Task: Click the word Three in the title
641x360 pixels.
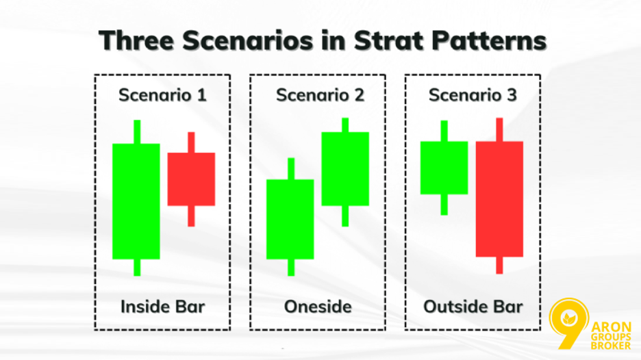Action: pyautogui.click(x=129, y=40)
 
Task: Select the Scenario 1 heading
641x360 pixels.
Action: pyautogui.click(x=162, y=95)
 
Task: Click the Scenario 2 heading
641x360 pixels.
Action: pyautogui.click(x=320, y=95)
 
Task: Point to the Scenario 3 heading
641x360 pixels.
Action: pyautogui.click(x=473, y=95)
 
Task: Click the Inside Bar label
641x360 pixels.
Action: pyautogui.click(x=162, y=306)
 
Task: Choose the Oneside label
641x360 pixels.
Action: pyautogui.click(x=318, y=306)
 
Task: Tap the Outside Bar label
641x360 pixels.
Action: pyautogui.click(x=473, y=306)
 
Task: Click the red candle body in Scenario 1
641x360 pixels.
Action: pyautogui.click(x=191, y=179)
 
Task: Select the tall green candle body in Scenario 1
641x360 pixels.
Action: pyautogui.click(x=136, y=201)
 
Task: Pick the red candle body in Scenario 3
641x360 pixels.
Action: pyautogui.click(x=499, y=198)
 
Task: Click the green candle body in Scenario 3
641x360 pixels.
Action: pyautogui.click(x=444, y=168)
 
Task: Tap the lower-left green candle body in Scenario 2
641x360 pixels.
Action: pyautogui.click(x=290, y=219)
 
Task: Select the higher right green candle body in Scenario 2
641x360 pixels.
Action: pyautogui.click(x=345, y=168)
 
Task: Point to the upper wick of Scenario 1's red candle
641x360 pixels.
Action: pyautogui.click(x=191, y=142)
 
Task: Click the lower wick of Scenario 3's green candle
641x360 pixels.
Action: pyautogui.click(x=444, y=205)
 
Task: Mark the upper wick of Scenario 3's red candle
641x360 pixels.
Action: pyautogui.click(x=499, y=129)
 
